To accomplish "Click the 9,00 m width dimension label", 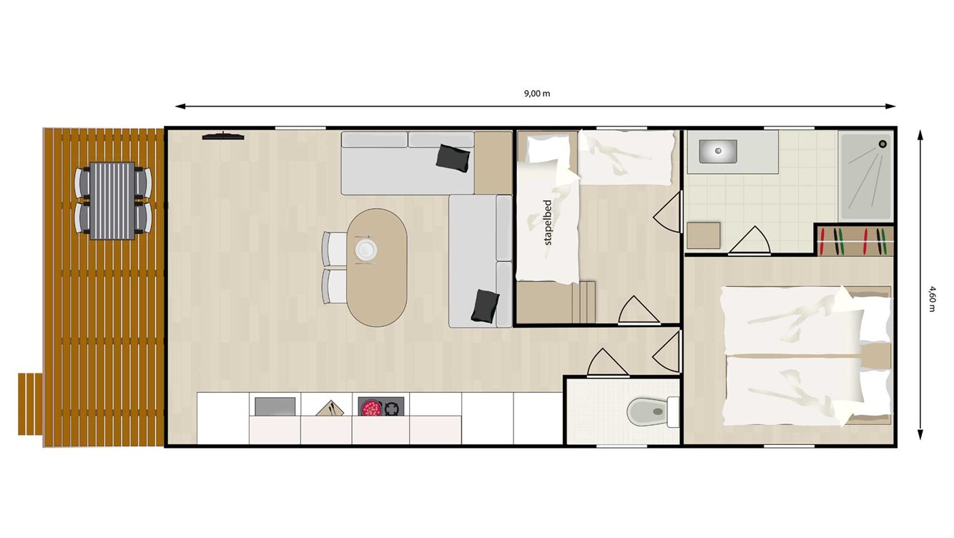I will (x=536, y=94).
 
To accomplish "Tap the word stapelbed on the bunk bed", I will (x=549, y=224).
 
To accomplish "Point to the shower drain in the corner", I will (x=882, y=144).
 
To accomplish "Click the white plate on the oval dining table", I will (x=367, y=249).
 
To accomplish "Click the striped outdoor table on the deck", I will (x=113, y=200).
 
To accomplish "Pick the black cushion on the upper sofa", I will (x=453, y=157).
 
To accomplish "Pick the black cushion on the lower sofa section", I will (x=484, y=306).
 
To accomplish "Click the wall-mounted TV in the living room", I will (x=223, y=135).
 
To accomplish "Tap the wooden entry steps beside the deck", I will (x=31, y=403).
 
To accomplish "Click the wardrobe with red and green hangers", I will (x=855, y=240).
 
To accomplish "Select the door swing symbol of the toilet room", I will (x=606, y=363).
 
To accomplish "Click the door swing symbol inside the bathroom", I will (x=748, y=240).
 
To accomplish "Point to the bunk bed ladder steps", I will (x=585, y=301).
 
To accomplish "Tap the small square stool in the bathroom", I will (x=703, y=235).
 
